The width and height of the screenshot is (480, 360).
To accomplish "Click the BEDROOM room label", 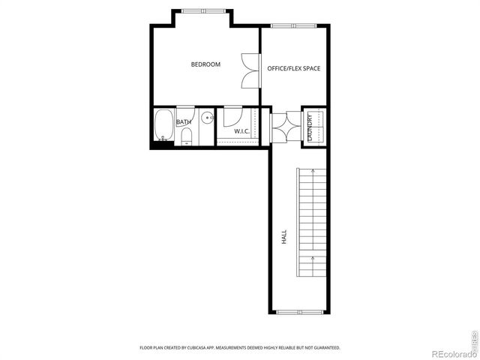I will tap(205, 64).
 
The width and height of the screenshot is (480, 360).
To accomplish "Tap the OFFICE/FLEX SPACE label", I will tap(293, 69).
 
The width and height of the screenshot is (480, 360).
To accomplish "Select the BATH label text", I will tap(184, 121).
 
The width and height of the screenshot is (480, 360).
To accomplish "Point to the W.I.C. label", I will tap(241, 131).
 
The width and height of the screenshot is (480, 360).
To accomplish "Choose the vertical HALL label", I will tap(284, 238).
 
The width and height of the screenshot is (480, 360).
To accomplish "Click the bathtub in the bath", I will tap(163, 127).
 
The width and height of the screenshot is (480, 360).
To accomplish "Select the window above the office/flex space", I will tap(292, 25).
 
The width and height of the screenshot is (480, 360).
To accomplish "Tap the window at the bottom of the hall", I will tap(298, 312).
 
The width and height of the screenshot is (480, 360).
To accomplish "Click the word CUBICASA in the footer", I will tap(222, 348).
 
